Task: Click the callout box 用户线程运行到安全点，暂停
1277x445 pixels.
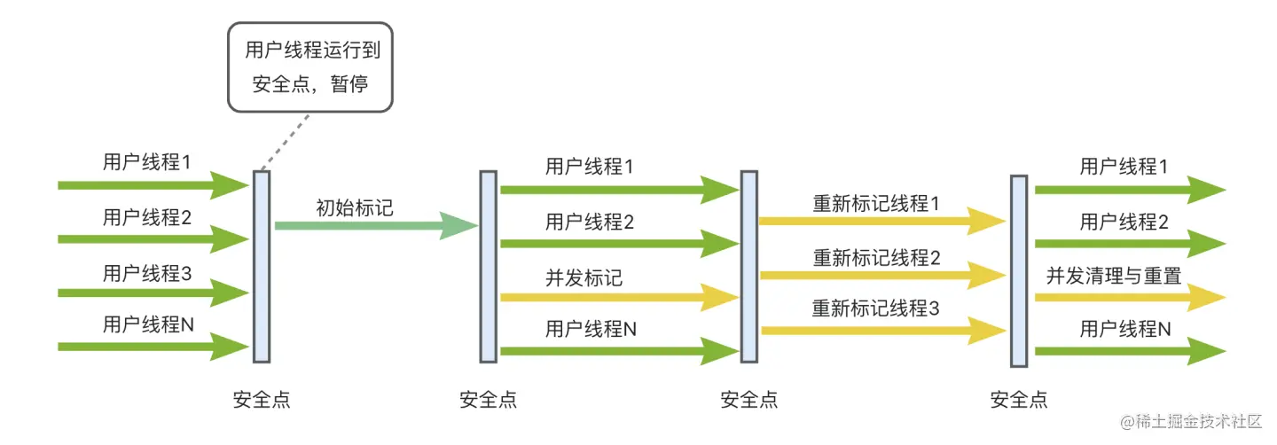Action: (x=310, y=67)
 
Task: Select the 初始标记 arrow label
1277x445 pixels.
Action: (x=355, y=208)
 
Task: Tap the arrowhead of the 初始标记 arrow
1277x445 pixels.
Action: (x=461, y=226)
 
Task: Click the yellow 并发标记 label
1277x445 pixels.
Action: (x=584, y=277)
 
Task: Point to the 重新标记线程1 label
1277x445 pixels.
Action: (x=875, y=203)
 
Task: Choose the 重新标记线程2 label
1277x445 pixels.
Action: (x=875, y=258)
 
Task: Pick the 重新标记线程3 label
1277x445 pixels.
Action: (x=875, y=309)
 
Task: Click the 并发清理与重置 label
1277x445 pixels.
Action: (x=1114, y=276)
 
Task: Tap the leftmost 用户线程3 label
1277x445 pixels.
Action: (x=147, y=273)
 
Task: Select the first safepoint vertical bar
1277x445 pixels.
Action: (x=262, y=266)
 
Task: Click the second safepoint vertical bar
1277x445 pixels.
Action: (x=489, y=266)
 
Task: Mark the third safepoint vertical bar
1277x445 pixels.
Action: (x=749, y=266)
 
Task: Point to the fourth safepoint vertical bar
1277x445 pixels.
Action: (x=1019, y=270)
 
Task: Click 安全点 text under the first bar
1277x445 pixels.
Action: (x=262, y=400)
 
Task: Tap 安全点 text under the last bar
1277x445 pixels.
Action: (x=1019, y=400)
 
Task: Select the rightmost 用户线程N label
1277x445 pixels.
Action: (x=1124, y=330)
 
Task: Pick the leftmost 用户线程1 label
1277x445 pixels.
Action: (x=147, y=162)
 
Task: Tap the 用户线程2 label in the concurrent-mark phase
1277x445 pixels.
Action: (x=590, y=222)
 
